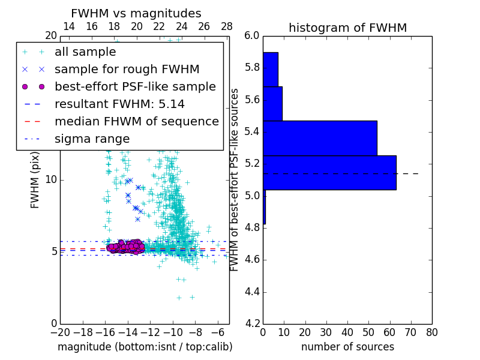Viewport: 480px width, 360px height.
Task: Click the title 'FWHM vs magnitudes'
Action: click(136, 13)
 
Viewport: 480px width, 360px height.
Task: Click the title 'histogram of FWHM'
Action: click(347, 28)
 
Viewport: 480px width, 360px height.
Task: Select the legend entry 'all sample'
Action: click(85, 52)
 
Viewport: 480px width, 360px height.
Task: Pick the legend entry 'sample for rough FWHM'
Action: click(127, 69)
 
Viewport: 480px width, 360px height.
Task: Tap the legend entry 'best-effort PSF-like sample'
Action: click(135, 86)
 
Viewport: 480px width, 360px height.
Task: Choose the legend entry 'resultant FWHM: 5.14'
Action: click(119, 104)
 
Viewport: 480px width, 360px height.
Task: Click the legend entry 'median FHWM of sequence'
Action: click(136, 121)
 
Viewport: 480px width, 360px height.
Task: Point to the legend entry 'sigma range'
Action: click(92, 139)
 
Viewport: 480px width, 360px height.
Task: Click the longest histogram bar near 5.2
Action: click(329, 172)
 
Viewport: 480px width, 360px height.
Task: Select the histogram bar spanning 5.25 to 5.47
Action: click(320, 138)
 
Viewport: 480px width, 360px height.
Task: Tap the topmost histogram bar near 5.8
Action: click(270, 69)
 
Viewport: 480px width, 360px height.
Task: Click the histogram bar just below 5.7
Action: click(272, 103)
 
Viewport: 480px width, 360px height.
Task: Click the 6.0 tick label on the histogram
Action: click(252, 35)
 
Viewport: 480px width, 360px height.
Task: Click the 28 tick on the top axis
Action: click(227, 26)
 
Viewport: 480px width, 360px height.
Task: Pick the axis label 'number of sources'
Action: click(347, 347)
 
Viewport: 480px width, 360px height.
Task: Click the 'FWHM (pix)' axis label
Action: click(35, 179)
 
